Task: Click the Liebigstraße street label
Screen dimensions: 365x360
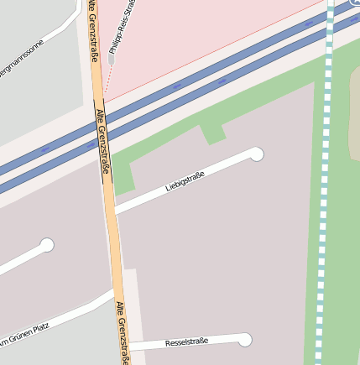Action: coord(186,180)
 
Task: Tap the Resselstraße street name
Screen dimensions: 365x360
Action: coord(186,342)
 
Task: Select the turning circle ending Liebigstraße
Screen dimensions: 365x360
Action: coord(257,154)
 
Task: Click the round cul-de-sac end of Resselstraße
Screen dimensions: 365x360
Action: coord(245,339)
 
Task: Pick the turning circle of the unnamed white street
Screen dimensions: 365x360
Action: coord(47,245)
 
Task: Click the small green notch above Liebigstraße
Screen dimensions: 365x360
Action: coord(213,133)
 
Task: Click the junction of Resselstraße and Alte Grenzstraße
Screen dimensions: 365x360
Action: coord(128,346)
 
